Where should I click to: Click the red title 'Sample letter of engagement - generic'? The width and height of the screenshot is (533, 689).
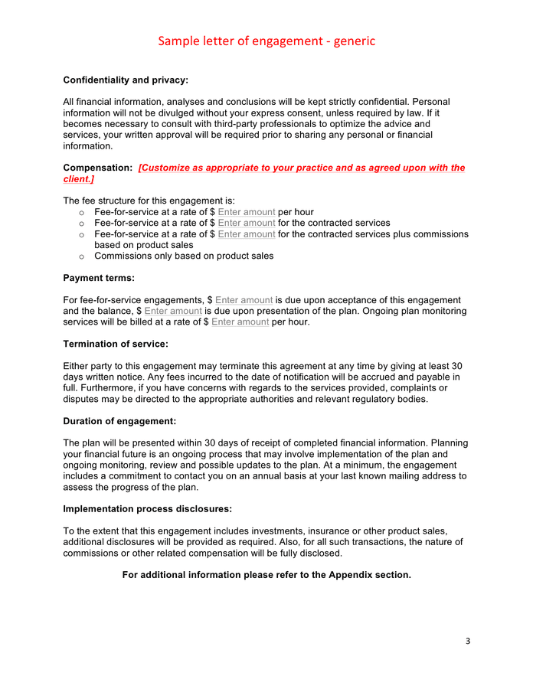point(266,41)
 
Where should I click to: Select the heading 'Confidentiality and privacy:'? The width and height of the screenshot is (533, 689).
point(126,80)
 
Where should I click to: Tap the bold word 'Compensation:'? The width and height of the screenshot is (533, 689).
point(98,168)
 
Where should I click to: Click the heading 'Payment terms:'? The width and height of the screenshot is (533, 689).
point(99,278)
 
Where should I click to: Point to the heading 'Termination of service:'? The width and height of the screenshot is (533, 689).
point(116,344)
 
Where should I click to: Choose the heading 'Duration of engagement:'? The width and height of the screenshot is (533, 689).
point(119,421)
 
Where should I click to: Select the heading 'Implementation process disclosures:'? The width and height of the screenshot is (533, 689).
point(147,508)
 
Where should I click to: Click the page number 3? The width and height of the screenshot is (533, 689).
point(468,640)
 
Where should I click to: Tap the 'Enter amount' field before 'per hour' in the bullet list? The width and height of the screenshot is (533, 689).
point(247,212)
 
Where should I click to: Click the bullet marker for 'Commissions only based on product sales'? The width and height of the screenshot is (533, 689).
point(82,256)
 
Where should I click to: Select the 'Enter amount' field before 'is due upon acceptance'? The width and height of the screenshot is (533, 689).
point(244,300)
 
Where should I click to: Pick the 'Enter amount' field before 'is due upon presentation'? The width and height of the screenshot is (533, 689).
point(173,312)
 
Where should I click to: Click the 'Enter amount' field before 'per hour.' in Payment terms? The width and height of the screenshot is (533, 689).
point(240,322)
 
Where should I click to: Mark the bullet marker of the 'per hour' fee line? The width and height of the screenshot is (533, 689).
point(82,212)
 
